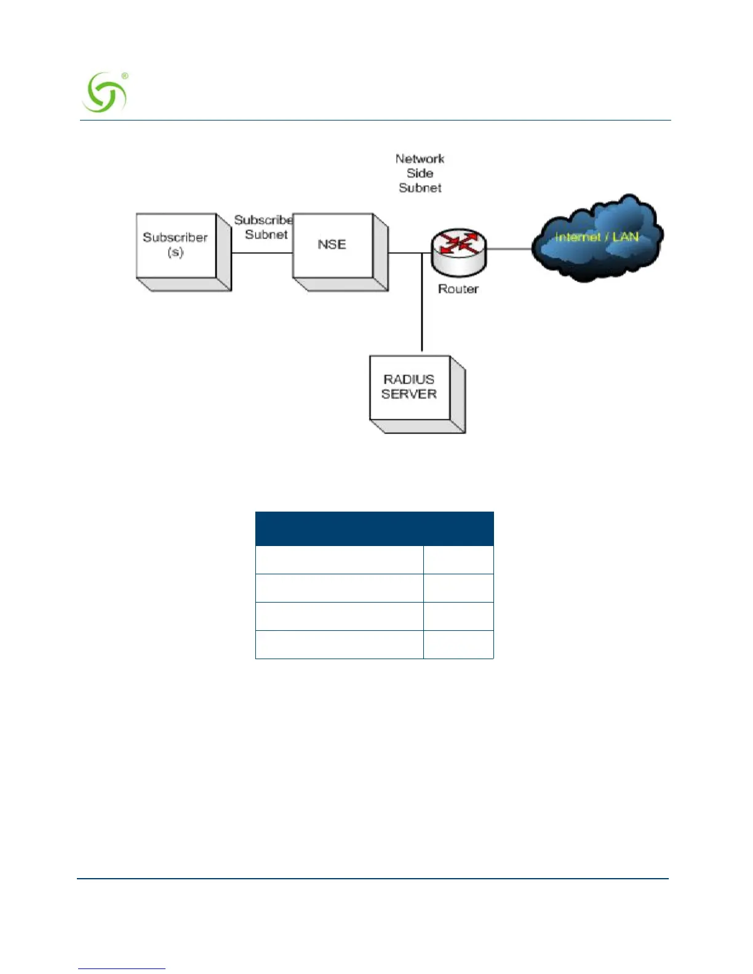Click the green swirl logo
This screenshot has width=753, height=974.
[x=103, y=93]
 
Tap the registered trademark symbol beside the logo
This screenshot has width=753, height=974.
[x=125, y=76]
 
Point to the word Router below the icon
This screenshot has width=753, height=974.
[x=458, y=289]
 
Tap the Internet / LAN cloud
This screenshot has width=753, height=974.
[x=597, y=239]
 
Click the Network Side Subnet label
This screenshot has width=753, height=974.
[x=420, y=173]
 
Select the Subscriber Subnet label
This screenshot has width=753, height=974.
[x=265, y=227]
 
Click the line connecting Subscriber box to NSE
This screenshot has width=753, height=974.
[x=261, y=253]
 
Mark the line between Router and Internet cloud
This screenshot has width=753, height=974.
[x=509, y=249]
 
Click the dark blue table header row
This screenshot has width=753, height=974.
[x=374, y=528]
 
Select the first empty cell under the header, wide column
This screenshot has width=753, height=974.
[x=339, y=560]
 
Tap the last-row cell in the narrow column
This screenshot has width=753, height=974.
[x=458, y=644]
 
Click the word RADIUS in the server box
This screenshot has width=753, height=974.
[x=408, y=379]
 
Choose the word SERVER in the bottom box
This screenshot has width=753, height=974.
[x=408, y=394]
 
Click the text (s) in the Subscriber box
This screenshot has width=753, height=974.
[x=175, y=252]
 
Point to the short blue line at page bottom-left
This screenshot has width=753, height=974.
[x=122, y=968]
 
